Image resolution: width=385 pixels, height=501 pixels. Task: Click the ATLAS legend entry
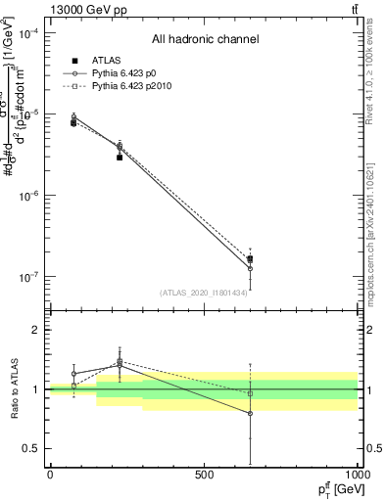[105, 60]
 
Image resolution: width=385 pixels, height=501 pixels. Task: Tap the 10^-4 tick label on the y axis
[27, 33]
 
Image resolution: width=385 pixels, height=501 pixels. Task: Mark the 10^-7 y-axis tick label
[27, 277]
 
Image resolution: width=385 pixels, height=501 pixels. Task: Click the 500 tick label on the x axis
[204, 475]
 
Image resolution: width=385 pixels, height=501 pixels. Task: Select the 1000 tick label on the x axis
[357, 475]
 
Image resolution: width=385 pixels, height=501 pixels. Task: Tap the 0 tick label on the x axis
[50, 475]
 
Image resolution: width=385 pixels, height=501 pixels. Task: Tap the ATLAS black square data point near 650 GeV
[250, 259]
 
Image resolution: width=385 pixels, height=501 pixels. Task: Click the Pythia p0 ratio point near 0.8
[250, 414]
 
